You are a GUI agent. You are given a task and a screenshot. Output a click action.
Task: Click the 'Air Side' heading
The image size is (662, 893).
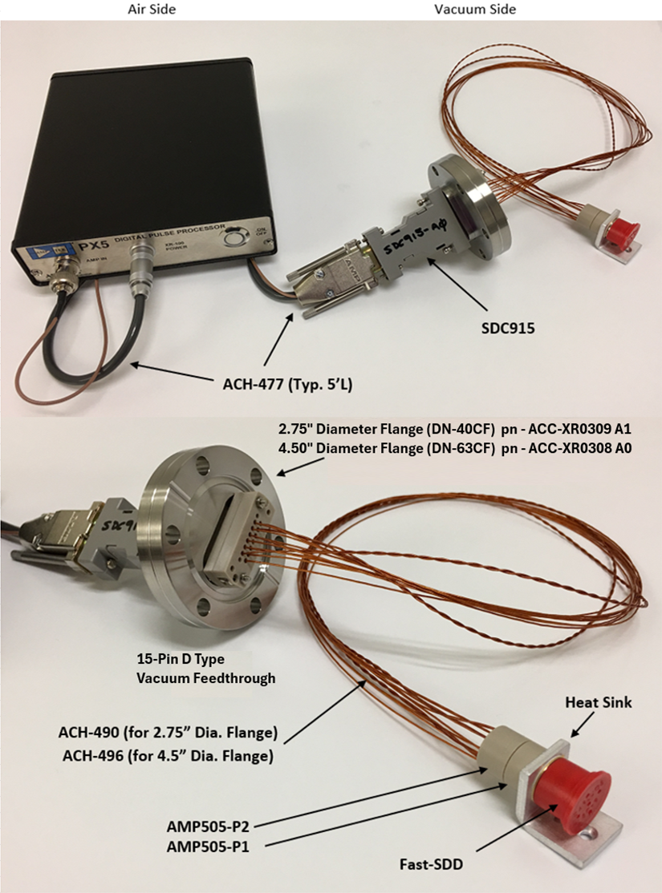tap(152, 9)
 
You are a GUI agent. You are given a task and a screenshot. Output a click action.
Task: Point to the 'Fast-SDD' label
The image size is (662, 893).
tap(434, 864)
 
